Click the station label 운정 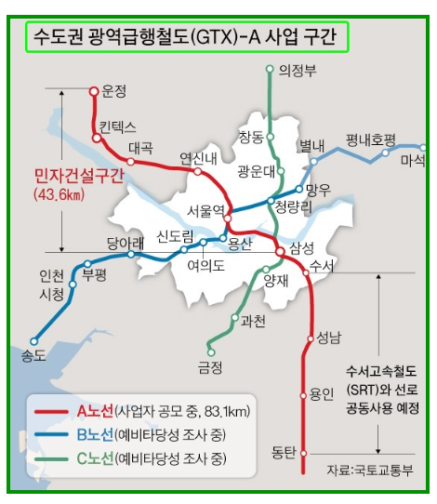114,90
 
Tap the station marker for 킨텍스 97,138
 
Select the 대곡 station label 141,147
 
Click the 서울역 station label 205,210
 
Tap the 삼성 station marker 279,250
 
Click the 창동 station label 251,137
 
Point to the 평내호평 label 371,139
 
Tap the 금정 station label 210,366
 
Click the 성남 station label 329,338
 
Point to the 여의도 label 206,265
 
